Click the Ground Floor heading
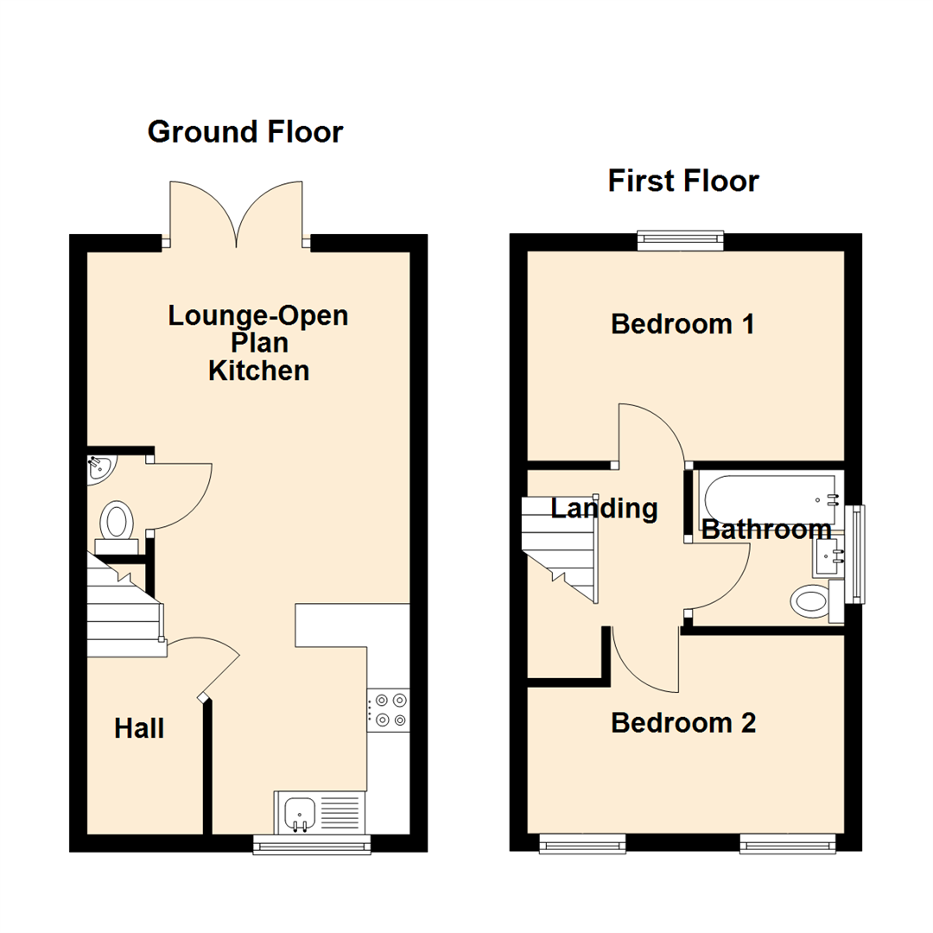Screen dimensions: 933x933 coord(245,132)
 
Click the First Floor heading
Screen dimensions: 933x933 coord(682,181)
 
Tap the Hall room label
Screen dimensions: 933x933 coord(139,729)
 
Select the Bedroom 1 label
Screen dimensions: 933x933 coord(682,325)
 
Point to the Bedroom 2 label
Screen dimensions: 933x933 coord(682,722)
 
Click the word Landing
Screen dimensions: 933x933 coord(604,509)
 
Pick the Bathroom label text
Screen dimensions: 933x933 coord(765,530)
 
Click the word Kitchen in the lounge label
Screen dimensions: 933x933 coord(258,371)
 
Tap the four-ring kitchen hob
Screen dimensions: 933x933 coord(389,709)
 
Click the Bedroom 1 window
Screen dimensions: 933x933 coord(680,239)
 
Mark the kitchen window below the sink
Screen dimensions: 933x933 coord(312,844)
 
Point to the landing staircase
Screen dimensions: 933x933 coord(560,544)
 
